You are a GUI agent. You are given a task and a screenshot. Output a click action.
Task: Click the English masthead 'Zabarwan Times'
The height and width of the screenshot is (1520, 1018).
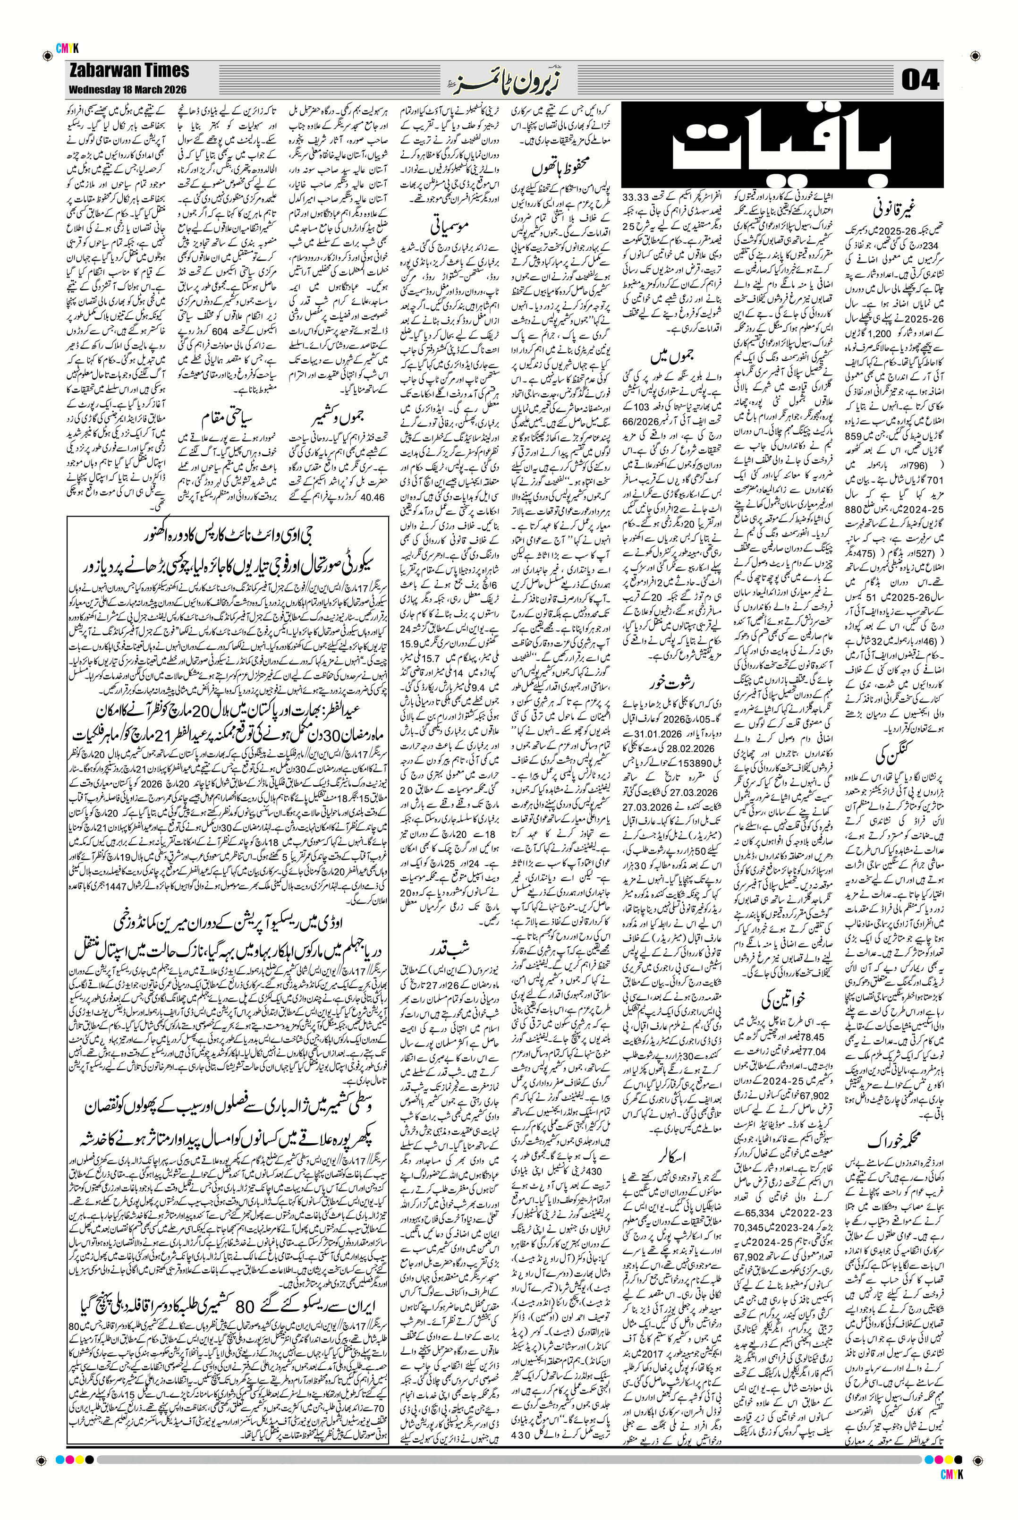[127, 70]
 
